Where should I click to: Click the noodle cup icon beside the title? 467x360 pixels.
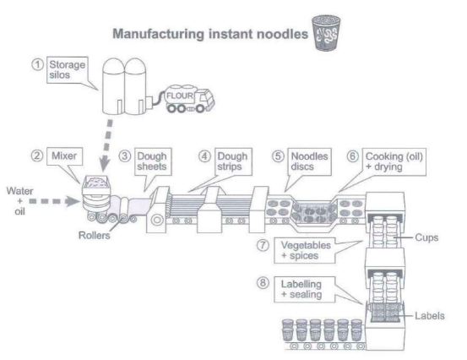326,33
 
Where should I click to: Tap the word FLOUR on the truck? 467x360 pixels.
180,95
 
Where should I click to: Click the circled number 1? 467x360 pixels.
37,65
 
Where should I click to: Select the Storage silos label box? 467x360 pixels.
68,70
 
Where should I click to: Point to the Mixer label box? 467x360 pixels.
64,155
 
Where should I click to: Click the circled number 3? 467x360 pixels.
125,156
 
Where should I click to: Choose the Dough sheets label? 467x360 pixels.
153,161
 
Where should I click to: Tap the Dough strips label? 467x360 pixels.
233,161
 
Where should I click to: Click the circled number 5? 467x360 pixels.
278,156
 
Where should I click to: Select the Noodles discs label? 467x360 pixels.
309,161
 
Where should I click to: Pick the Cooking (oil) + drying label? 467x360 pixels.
394,161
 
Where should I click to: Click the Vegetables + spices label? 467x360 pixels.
304,250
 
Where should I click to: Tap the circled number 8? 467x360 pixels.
263,282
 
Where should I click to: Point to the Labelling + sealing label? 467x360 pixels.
304,289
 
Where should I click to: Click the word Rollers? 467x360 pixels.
94,236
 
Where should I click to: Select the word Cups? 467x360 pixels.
426,237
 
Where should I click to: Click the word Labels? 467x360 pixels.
430,315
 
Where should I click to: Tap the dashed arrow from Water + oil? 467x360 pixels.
54,201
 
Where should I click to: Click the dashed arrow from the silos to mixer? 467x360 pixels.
106,145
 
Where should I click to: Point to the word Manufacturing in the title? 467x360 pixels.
159,34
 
